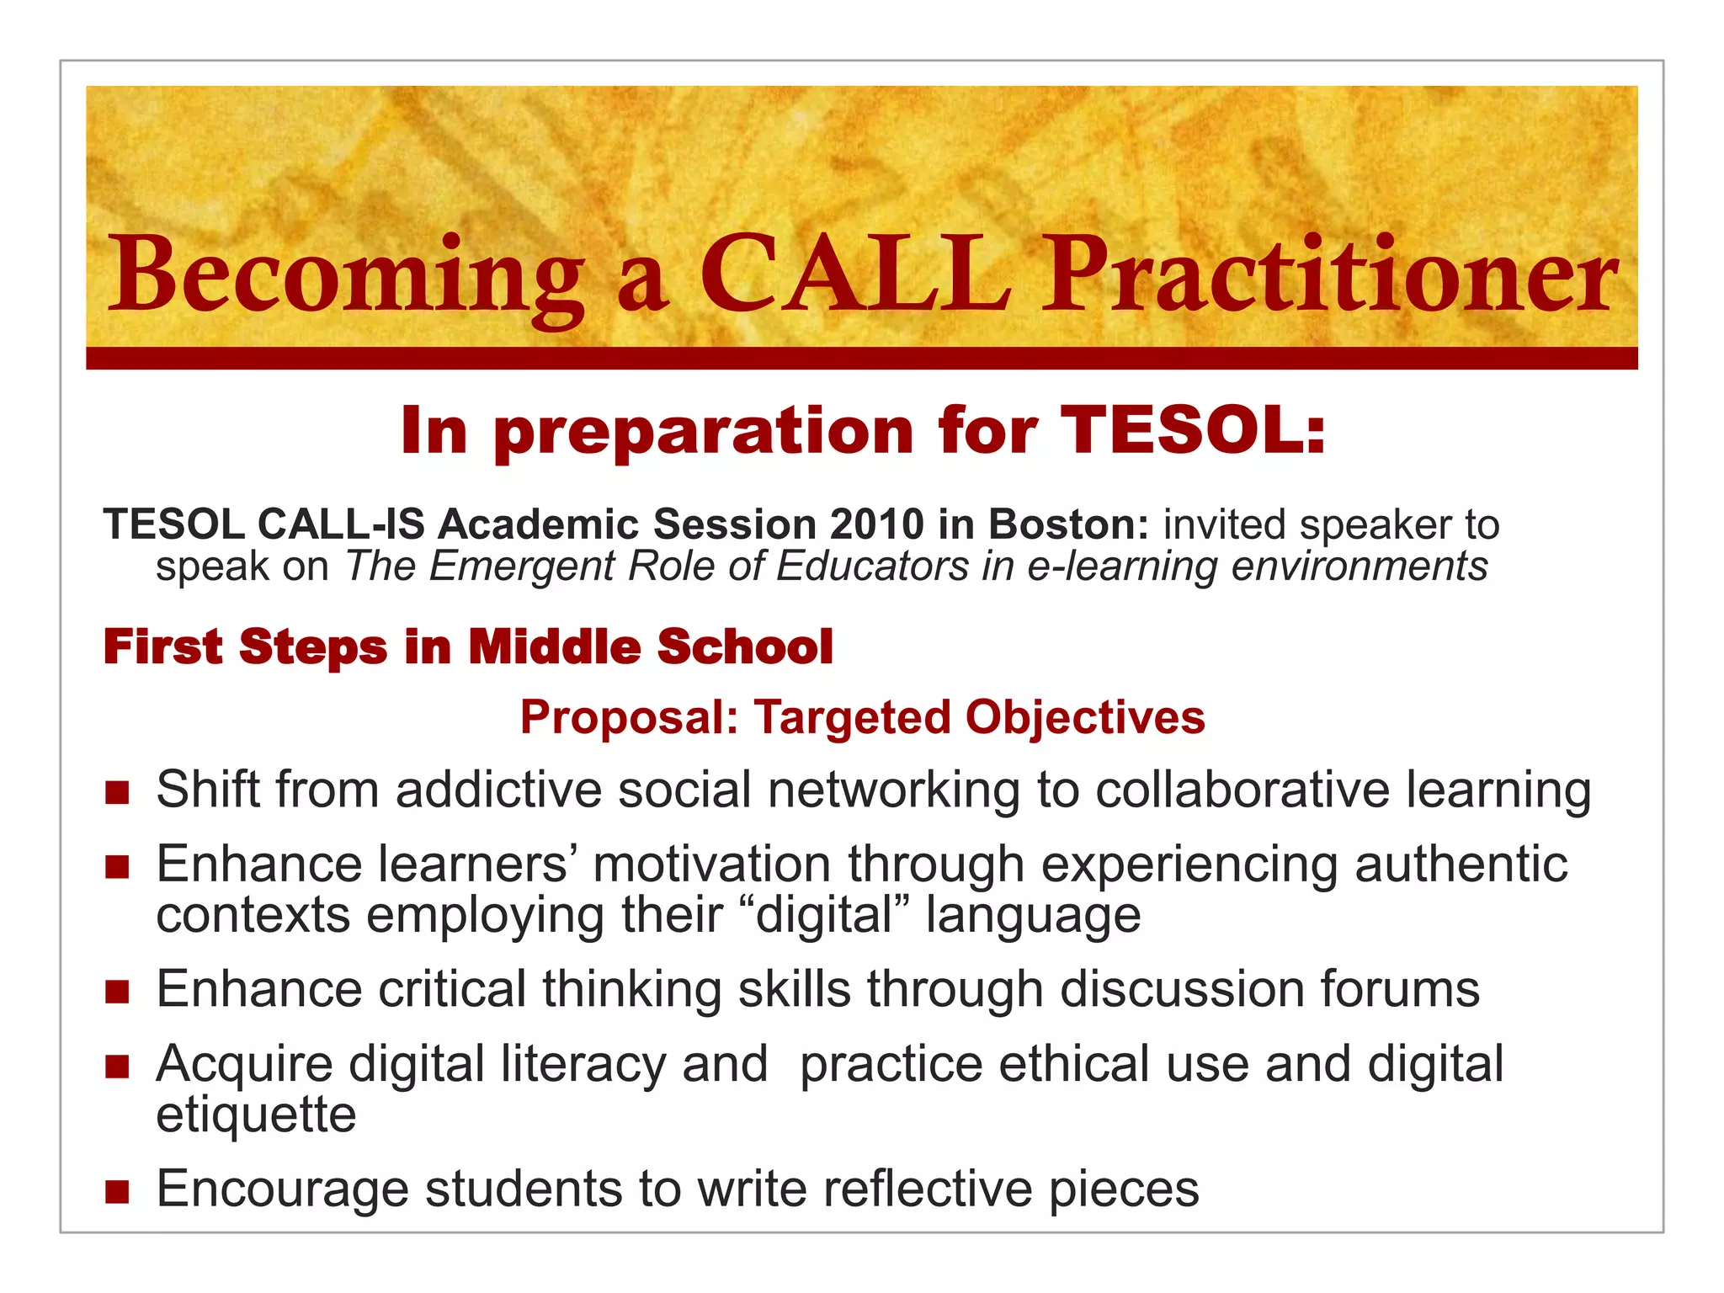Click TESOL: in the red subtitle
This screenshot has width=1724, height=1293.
(x=1192, y=430)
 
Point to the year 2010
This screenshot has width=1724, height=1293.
(x=876, y=524)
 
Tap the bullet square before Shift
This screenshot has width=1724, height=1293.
(x=117, y=792)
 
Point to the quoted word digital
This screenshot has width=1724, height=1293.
(x=824, y=915)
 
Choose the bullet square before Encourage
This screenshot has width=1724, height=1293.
(x=117, y=1191)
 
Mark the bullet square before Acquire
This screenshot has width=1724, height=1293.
(x=117, y=1067)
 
